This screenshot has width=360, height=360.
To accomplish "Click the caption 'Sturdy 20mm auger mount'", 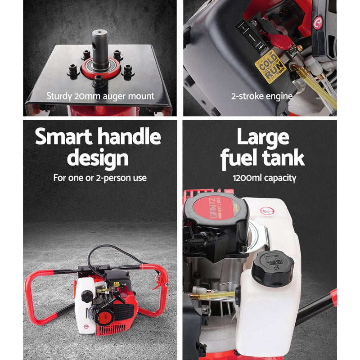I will point(100,96).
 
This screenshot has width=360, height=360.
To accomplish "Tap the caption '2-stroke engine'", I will point(262,96).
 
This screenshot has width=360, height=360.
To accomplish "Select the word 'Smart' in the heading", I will point(65,137).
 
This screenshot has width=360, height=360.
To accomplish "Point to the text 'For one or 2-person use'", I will point(100,178).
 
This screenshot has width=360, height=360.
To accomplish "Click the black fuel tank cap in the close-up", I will point(272,267).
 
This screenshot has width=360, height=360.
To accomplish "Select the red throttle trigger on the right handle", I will point(158,283).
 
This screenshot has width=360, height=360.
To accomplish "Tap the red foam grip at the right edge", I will point(333,297).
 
